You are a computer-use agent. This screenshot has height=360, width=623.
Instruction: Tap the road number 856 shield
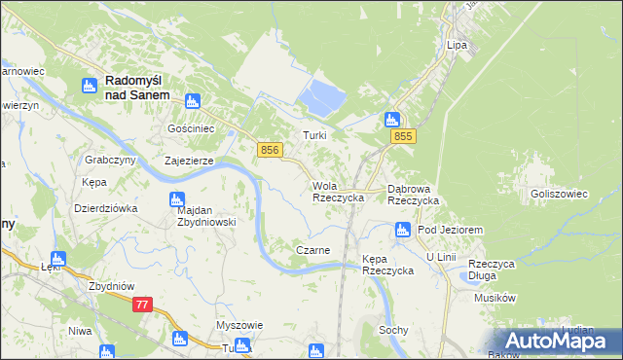(x=272, y=149)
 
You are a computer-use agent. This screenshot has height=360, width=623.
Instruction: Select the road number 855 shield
(x=405, y=138)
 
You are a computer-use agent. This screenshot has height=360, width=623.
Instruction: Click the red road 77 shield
(x=143, y=305)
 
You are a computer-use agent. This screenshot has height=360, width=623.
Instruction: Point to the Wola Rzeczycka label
(x=338, y=191)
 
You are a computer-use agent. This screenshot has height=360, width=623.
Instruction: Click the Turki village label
(x=313, y=136)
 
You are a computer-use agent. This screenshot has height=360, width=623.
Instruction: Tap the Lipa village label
(x=457, y=46)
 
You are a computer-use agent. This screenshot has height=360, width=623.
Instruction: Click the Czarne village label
(x=312, y=250)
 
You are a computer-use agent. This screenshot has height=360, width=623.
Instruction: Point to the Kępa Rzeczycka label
(x=387, y=264)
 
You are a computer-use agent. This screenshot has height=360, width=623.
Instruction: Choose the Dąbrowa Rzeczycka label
(x=414, y=194)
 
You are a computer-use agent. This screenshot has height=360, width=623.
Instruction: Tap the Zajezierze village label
(x=189, y=161)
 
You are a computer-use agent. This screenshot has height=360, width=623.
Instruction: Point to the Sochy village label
(x=393, y=330)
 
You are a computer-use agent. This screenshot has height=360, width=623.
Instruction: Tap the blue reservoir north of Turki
(x=324, y=95)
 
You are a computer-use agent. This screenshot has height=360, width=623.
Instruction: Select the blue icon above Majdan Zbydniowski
(x=177, y=200)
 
